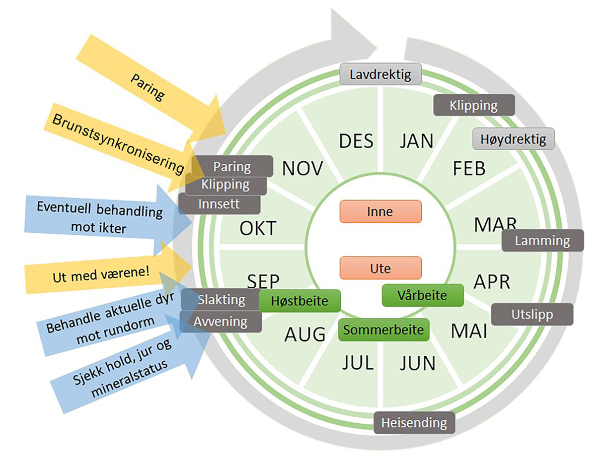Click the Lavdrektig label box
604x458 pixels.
pos(380,75)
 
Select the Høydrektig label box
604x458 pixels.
pos(513,139)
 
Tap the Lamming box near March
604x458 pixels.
pos(543,240)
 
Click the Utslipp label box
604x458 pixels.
pos(532,314)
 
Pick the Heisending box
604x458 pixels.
pos(414,422)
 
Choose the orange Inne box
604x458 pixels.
pos(381,212)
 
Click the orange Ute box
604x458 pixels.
pos(381,268)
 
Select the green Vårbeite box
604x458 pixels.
pos(422,295)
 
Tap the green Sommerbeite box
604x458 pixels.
pos(384,330)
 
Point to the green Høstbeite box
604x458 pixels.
pos(300,301)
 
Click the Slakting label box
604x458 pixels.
pos(220,300)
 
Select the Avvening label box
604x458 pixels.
pos(221,321)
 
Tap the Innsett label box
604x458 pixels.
pos(219,204)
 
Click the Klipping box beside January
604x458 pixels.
pos(474,105)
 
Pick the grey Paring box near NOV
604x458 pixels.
pos(233,166)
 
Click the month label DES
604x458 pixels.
pos(356,141)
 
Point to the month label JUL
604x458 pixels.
pos(358,362)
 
